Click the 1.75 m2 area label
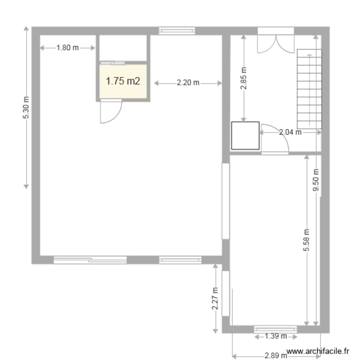[123, 81]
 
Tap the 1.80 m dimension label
[67, 48]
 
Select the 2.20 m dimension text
[188, 83]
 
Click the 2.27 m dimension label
[216, 299]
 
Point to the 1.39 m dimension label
[276, 336]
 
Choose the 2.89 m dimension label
[276, 356]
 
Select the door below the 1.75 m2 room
[110, 112]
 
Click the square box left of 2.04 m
[245, 136]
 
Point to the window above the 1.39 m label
[276, 329]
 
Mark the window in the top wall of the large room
[177, 31]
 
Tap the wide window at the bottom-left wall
[90, 260]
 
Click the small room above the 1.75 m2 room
[123, 48]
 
